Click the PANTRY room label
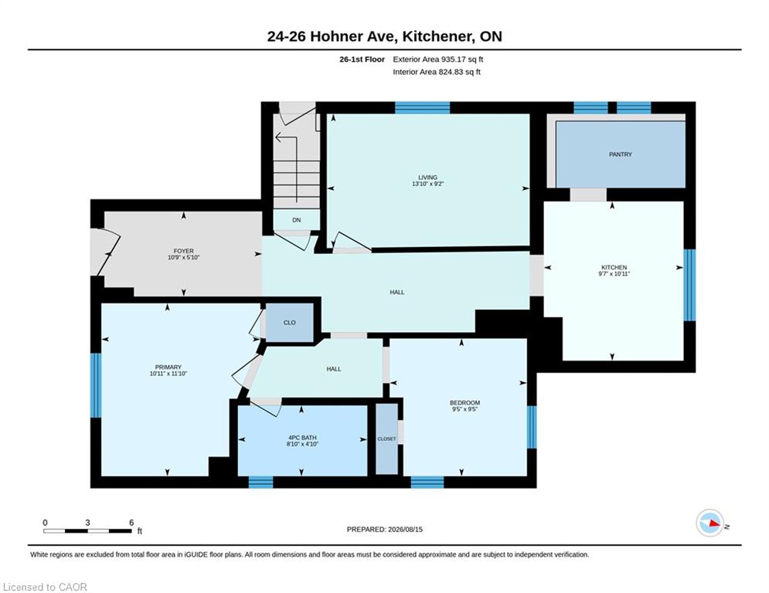621,154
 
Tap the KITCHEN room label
614,268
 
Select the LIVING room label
427,178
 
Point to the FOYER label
183,251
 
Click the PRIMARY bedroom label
168,367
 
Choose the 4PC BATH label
303,438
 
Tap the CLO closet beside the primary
289,323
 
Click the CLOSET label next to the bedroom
386,439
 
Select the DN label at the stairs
296,220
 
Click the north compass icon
710,523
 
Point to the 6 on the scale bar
131,523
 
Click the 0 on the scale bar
45,523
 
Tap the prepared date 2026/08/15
405,529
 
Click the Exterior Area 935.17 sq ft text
438,59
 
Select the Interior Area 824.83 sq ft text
437,72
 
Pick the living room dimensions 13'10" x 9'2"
427,184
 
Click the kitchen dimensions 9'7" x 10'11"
614,274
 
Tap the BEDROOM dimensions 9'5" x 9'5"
465,409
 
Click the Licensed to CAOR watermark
45,587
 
